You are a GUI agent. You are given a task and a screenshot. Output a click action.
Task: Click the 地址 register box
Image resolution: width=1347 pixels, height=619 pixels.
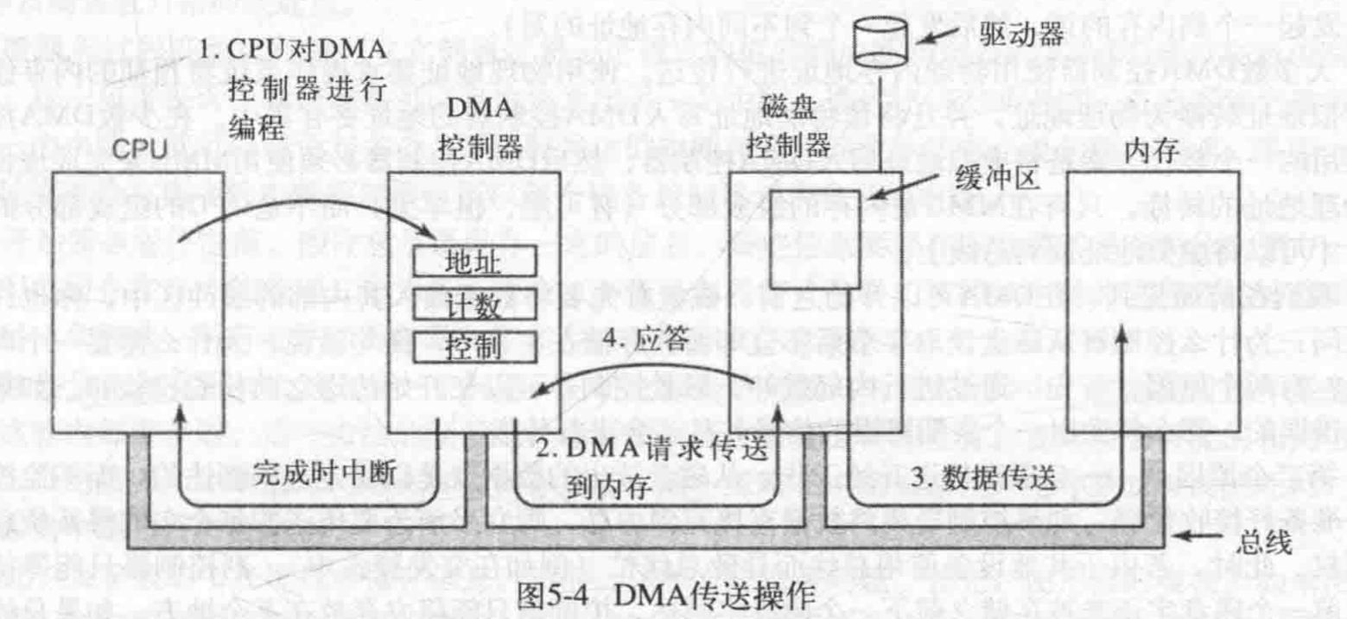476,260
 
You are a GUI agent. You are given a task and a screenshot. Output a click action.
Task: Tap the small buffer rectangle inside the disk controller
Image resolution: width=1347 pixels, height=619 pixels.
814,237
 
